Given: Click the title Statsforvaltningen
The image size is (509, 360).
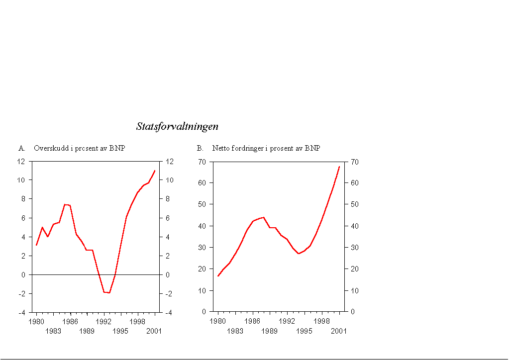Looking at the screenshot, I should pyautogui.click(x=177, y=126).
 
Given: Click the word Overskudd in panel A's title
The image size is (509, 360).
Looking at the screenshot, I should pyautogui.click(x=49, y=148).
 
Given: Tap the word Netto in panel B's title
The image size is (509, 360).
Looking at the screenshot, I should pyautogui.click(x=221, y=148).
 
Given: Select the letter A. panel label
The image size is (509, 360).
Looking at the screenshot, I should pyautogui.click(x=22, y=148).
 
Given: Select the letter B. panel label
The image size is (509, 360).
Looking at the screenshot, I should pyautogui.click(x=200, y=148).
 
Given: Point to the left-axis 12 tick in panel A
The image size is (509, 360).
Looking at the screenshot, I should pyautogui.click(x=21, y=161).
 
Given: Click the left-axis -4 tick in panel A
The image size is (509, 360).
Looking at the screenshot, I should pyautogui.click(x=21, y=313).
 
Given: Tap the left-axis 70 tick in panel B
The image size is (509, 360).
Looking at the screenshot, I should pyautogui.click(x=202, y=162).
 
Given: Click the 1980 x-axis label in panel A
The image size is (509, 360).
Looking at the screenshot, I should pyautogui.click(x=36, y=322).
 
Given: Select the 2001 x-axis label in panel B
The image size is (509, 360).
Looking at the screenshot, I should pyautogui.click(x=339, y=331).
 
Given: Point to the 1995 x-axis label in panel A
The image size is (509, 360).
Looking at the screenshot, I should pyautogui.click(x=120, y=331).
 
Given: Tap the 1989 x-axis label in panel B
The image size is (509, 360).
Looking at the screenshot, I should pyautogui.click(x=269, y=331).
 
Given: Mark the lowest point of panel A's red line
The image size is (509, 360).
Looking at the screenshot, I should pyautogui.click(x=109, y=293).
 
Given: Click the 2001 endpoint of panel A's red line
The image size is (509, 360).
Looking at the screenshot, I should pyautogui.click(x=155, y=171).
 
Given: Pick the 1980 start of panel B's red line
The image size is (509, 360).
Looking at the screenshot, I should pyautogui.click(x=218, y=276).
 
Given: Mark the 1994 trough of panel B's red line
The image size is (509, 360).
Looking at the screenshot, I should pyautogui.click(x=299, y=254).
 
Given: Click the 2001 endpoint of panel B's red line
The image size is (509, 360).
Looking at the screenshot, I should pyautogui.click(x=339, y=167).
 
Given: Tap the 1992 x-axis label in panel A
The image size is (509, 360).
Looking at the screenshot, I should pyautogui.click(x=103, y=322).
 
